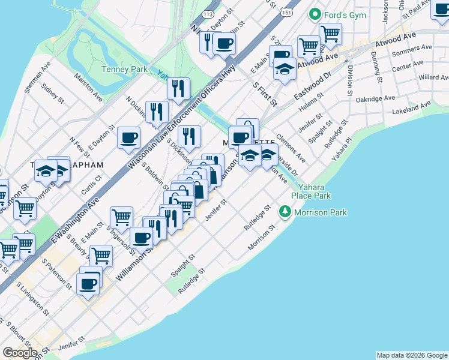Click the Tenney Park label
(x=124, y=69)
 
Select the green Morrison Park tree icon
(x=285, y=212)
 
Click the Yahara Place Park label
(x=311, y=191)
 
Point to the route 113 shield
(x=208, y=13)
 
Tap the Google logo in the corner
(x=20, y=353)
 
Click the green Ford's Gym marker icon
(x=314, y=14)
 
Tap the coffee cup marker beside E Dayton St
(x=129, y=139)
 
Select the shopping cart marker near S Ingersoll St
(x=121, y=217)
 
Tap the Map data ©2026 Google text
(x=412, y=355)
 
